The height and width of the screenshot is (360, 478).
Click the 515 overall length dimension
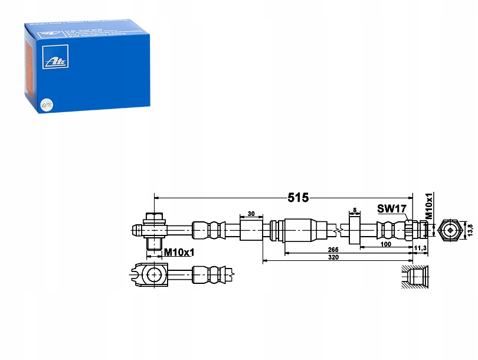[x=299, y=198]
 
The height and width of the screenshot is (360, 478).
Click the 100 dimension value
[x=386, y=244]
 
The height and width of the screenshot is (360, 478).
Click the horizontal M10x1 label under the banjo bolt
[x=179, y=252]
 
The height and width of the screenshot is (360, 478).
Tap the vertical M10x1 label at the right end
[x=430, y=205]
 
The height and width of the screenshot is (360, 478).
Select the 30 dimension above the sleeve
[x=251, y=213]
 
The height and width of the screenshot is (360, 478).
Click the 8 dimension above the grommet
[x=354, y=210]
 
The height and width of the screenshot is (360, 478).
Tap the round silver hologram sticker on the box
[x=45, y=104]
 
